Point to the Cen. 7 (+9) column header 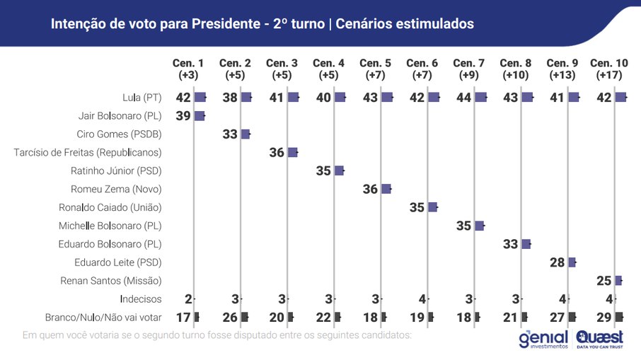pos(470,69)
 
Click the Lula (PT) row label pos(142,97)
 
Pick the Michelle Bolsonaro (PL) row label pos(110,226)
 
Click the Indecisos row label pos(141,299)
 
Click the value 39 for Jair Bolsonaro pos(183,115)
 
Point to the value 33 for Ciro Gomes pos(230,134)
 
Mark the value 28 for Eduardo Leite pos(558,262)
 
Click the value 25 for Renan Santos pos(604,281)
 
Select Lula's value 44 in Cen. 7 pos(463,97)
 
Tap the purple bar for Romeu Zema pos(386,189)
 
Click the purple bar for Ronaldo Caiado pos(432,207)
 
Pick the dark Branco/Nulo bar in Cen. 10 pos(620,318)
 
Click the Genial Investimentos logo pos(543,338)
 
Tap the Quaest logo pos(600,339)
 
